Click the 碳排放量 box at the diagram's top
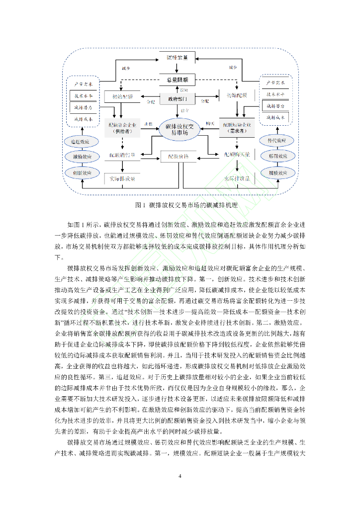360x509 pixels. (x=177, y=58)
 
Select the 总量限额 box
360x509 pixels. (x=177, y=80)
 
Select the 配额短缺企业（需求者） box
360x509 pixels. (x=237, y=128)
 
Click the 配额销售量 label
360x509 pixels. (x=122, y=156)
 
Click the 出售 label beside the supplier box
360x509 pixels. (x=148, y=124)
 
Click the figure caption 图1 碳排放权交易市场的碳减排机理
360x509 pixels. (x=180, y=205)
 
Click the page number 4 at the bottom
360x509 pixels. (x=180, y=476)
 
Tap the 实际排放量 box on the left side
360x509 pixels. (x=122, y=178)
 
